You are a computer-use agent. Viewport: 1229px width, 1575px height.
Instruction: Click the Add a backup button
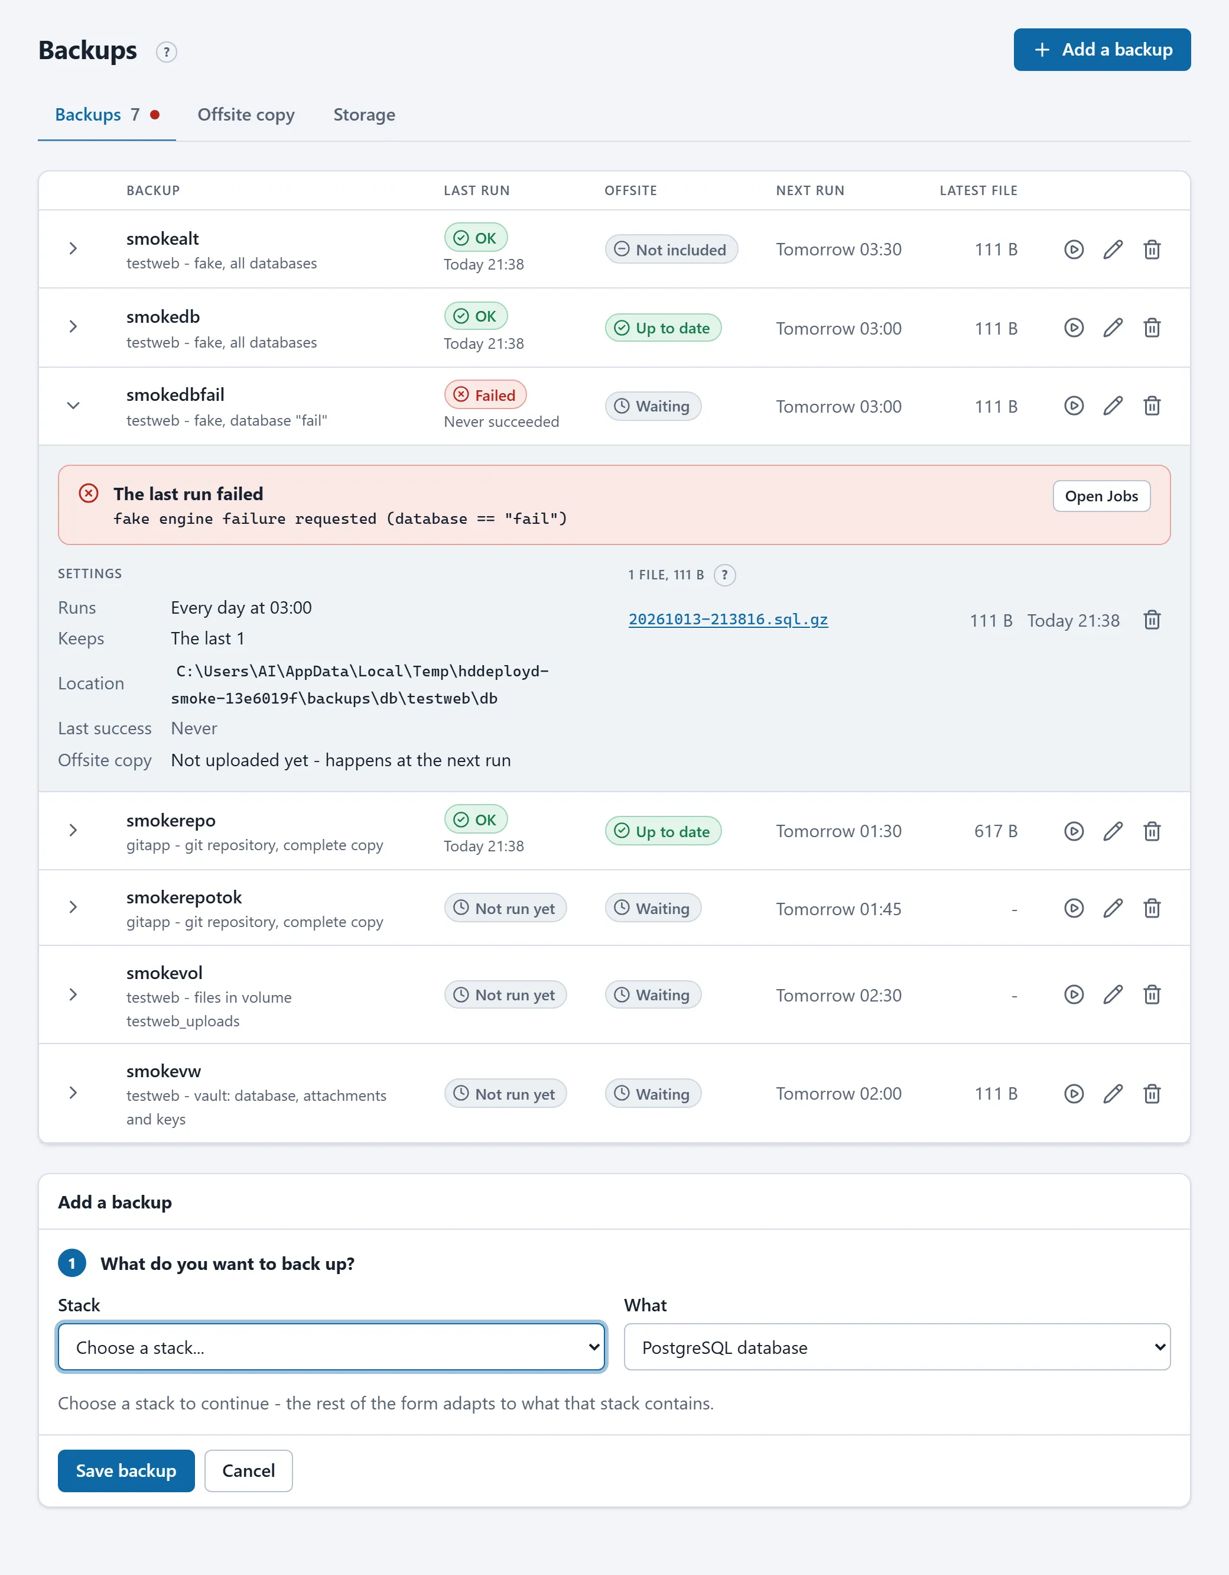[x=1101, y=50]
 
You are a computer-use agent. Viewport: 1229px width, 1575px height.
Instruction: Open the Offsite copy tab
[x=246, y=115]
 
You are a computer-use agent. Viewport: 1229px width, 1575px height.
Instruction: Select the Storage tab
[x=364, y=115]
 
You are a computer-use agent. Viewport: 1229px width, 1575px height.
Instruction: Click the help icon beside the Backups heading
[x=167, y=52]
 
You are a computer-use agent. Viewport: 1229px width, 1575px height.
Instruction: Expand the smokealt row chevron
[x=73, y=249]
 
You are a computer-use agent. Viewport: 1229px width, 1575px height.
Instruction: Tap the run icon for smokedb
[x=1074, y=328]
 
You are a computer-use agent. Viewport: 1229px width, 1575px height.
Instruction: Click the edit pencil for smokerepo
[x=1113, y=831]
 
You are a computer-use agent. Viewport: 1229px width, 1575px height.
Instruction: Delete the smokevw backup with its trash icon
[x=1152, y=1094]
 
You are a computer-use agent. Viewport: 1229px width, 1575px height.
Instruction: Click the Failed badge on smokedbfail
[x=485, y=394]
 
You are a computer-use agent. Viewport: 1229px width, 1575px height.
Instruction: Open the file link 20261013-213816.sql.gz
[x=728, y=620]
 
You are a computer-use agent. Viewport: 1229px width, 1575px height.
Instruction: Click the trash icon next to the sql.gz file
[x=1152, y=620]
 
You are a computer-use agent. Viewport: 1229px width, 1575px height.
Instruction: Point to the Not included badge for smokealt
[x=671, y=249]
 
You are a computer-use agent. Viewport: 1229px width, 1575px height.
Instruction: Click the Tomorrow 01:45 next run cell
[x=838, y=909]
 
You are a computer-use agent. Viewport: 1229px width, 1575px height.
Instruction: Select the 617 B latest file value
[x=996, y=831]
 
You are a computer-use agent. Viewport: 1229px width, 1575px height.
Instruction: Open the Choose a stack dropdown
[x=331, y=1347]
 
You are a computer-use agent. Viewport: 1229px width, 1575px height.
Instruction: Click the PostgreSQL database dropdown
[x=897, y=1347]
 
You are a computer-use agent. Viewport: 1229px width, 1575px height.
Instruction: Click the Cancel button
[x=249, y=1470]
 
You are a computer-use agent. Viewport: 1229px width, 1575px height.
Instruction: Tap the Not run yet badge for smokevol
[x=505, y=994]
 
